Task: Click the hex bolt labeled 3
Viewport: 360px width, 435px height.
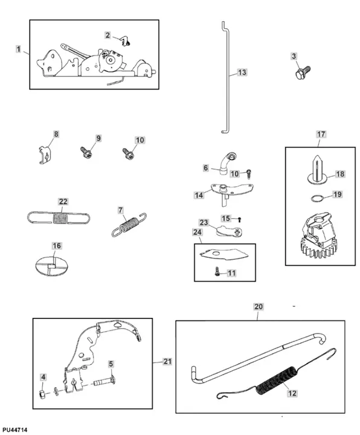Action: coord(303,72)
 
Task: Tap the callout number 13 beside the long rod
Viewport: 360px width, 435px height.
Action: coord(242,72)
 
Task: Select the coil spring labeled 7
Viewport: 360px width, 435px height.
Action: coord(129,224)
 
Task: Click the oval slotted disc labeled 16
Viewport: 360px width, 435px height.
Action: coord(52,265)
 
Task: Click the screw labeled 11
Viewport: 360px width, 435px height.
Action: coord(217,271)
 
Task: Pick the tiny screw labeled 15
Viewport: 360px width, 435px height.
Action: coord(240,220)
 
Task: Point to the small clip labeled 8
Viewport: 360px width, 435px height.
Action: coord(45,155)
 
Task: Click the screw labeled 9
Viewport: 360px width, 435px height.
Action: coord(86,152)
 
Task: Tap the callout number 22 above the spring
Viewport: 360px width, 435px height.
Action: coord(63,202)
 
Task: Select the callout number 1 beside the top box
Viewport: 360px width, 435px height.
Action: coord(18,50)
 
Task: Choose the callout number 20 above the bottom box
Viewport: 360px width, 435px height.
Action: coord(258,306)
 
